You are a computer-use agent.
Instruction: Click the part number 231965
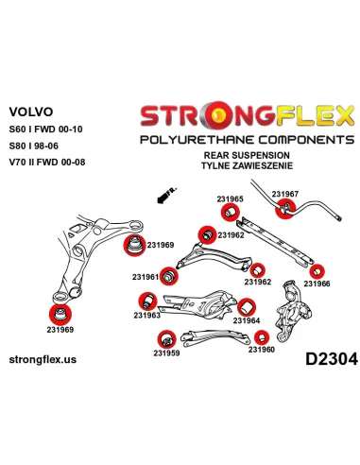(x=230, y=198)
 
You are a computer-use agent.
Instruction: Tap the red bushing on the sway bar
(x=285, y=210)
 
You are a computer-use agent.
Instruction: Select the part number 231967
(x=284, y=194)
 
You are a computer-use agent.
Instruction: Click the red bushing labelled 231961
(x=169, y=276)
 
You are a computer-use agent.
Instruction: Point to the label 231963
(x=146, y=315)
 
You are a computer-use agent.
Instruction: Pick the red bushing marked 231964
(x=247, y=307)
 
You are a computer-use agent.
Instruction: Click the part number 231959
(x=166, y=353)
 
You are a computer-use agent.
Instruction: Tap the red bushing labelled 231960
(x=262, y=337)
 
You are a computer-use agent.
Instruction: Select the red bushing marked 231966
(x=317, y=271)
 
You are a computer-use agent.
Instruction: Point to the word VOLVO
(x=31, y=112)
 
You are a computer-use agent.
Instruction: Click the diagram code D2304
(x=332, y=359)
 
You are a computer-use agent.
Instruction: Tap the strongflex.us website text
(x=43, y=359)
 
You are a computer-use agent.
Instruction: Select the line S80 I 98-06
(x=33, y=146)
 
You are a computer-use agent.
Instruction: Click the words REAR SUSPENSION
(x=247, y=155)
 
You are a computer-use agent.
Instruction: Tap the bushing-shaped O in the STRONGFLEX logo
(x=218, y=115)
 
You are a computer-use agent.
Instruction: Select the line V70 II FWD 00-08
(x=47, y=163)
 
